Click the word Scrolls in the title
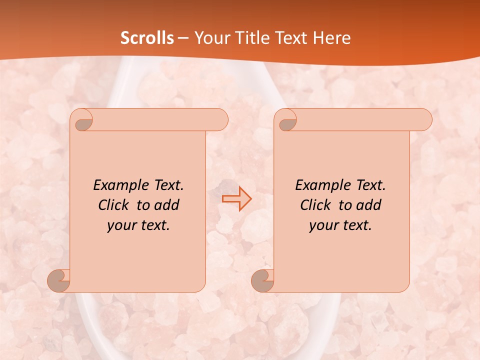click(x=147, y=38)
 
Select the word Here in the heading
click(x=332, y=38)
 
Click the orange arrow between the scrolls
click(x=237, y=198)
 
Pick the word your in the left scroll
click(x=119, y=225)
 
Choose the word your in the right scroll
click(x=321, y=225)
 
